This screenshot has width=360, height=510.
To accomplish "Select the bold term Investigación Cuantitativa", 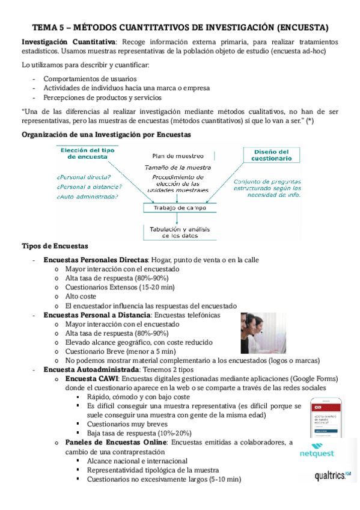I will (x=69, y=42).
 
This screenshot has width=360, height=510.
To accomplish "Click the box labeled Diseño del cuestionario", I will (x=272, y=155).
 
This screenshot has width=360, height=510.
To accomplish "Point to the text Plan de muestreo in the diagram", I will (x=178, y=156).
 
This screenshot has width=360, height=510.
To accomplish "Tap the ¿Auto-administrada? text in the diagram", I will (x=87, y=196).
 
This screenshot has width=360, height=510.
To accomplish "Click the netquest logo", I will (x=317, y=454).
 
